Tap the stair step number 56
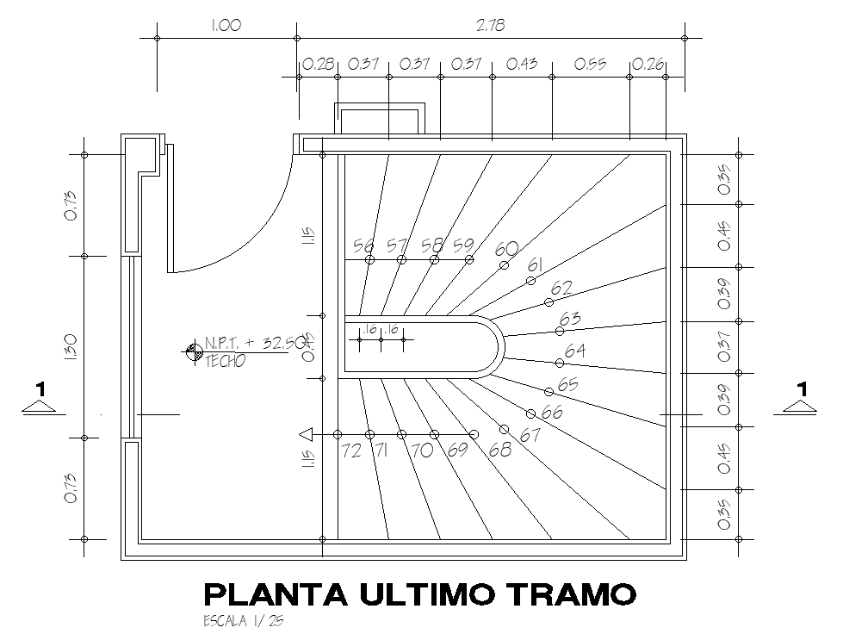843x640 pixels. (x=363, y=246)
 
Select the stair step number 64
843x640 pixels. (x=575, y=351)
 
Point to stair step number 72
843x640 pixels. (x=351, y=450)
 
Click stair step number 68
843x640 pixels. (x=499, y=450)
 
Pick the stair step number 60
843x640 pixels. (x=507, y=249)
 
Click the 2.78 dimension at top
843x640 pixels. (x=490, y=26)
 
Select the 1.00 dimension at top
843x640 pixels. (x=226, y=26)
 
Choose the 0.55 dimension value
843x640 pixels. (x=590, y=64)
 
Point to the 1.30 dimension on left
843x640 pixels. (x=71, y=346)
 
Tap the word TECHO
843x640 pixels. (x=225, y=361)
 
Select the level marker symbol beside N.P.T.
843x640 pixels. (x=192, y=351)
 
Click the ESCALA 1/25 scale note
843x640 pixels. (x=242, y=621)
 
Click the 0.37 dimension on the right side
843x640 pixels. (x=724, y=346)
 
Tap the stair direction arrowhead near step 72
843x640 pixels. (x=305, y=434)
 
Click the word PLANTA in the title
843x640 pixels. (x=265, y=593)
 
